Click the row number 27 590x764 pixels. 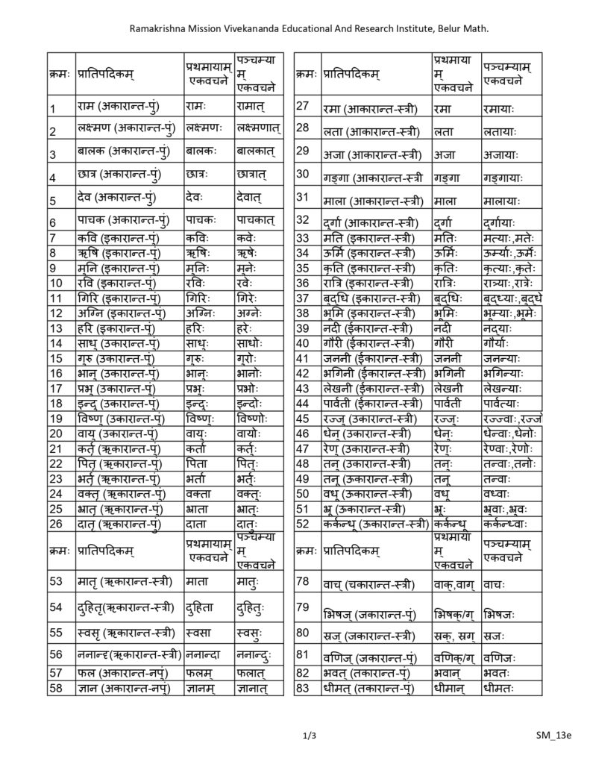click(x=303, y=106)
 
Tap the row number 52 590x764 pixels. click(x=303, y=523)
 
